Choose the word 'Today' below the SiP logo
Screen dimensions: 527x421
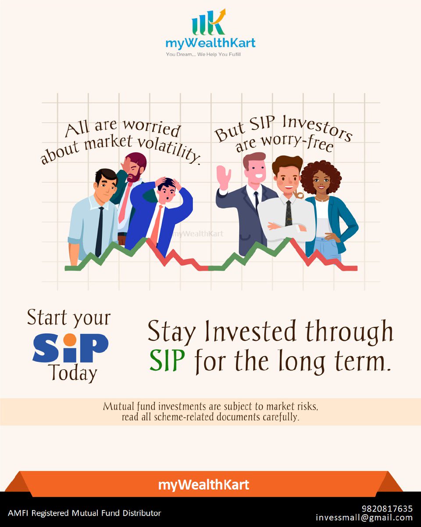(x=73, y=373)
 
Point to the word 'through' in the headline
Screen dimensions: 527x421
(x=349, y=332)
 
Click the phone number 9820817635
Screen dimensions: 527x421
(x=387, y=509)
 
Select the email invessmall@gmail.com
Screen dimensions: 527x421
(x=364, y=518)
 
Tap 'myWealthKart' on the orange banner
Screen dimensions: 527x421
(x=203, y=485)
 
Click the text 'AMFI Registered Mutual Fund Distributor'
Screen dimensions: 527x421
(x=84, y=513)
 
